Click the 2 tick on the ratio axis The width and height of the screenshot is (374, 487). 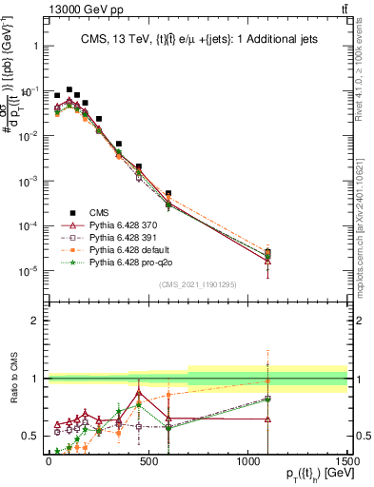click(x=38, y=321)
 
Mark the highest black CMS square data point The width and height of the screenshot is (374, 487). click(x=69, y=89)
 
